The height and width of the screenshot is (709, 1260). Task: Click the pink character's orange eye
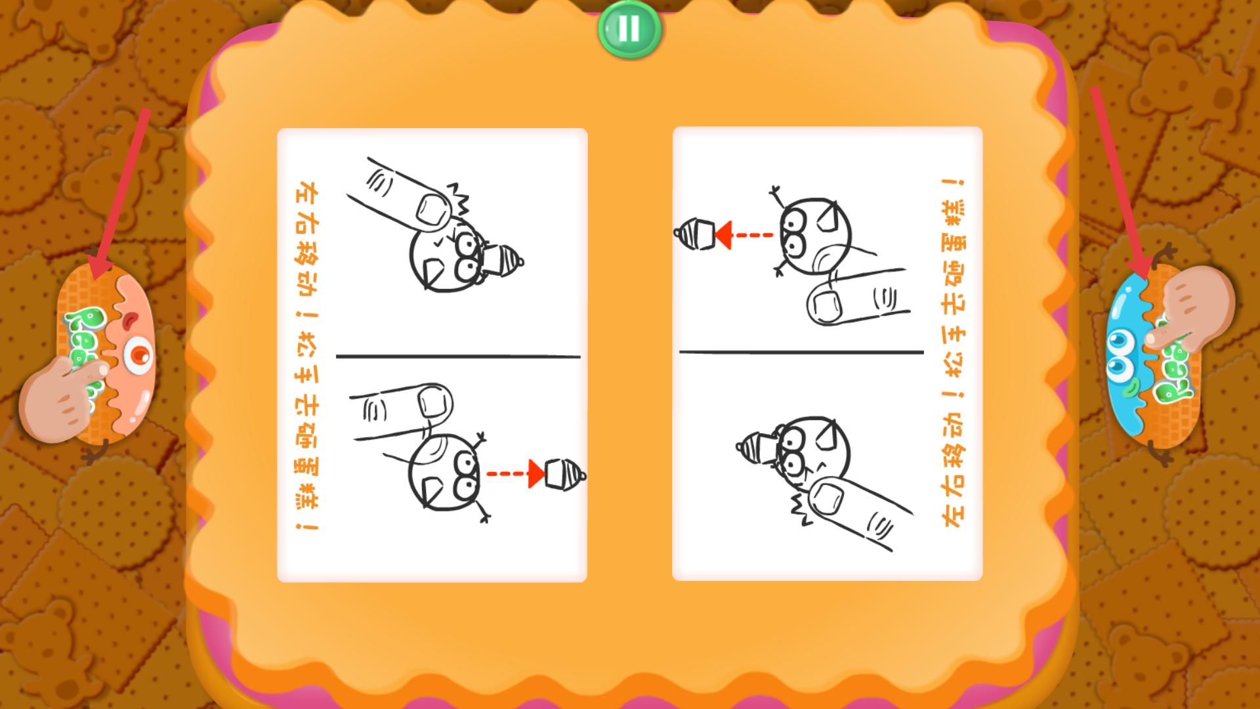(140, 354)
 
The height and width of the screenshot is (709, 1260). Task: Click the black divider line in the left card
(458, 356)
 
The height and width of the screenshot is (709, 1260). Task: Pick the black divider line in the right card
(801, 352)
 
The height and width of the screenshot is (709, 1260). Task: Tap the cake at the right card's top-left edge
(694, 233)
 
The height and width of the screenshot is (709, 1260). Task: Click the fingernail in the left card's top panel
(431, 210)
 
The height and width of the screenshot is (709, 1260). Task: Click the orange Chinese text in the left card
(307, 356)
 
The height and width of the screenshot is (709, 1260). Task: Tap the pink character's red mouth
(130, 320)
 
